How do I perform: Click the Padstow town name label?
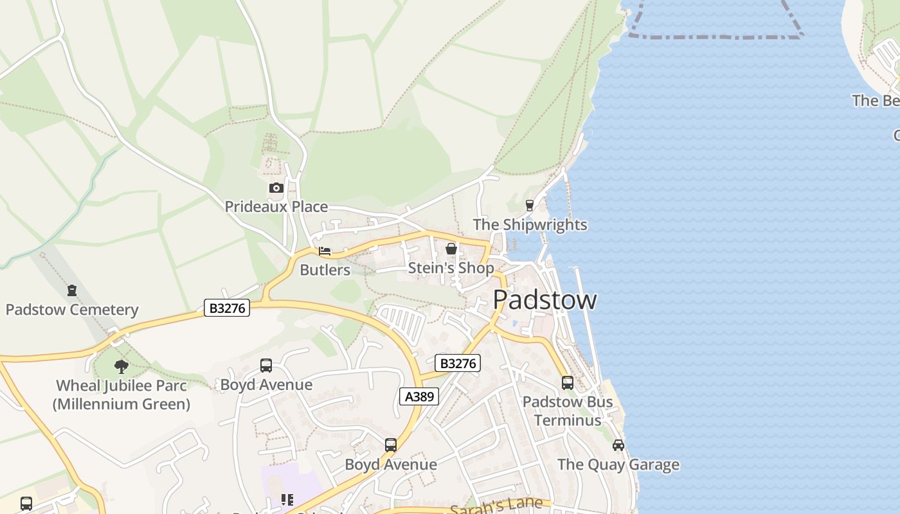pos(544,300)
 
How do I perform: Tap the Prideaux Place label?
pos(276,207)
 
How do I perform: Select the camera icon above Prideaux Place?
pos(276,188)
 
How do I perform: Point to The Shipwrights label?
pos(530,225)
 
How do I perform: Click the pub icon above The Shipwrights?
pos(530,206)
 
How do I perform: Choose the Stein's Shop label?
pos(451,268)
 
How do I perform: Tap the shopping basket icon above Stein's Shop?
pos(451,249)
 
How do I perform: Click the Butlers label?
pos(325,270)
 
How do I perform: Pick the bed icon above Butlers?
pos(325,251)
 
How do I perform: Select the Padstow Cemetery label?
pos(72,310)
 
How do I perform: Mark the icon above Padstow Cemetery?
pos(72,290)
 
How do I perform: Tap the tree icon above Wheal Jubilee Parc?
pos(122,367)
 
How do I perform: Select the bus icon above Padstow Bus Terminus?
pos(568,383)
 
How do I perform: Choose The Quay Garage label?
pos(618,465)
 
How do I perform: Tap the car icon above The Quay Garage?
pos(618,445)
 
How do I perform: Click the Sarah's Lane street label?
pos(496,506)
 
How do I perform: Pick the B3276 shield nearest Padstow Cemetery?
pos(227,308)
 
